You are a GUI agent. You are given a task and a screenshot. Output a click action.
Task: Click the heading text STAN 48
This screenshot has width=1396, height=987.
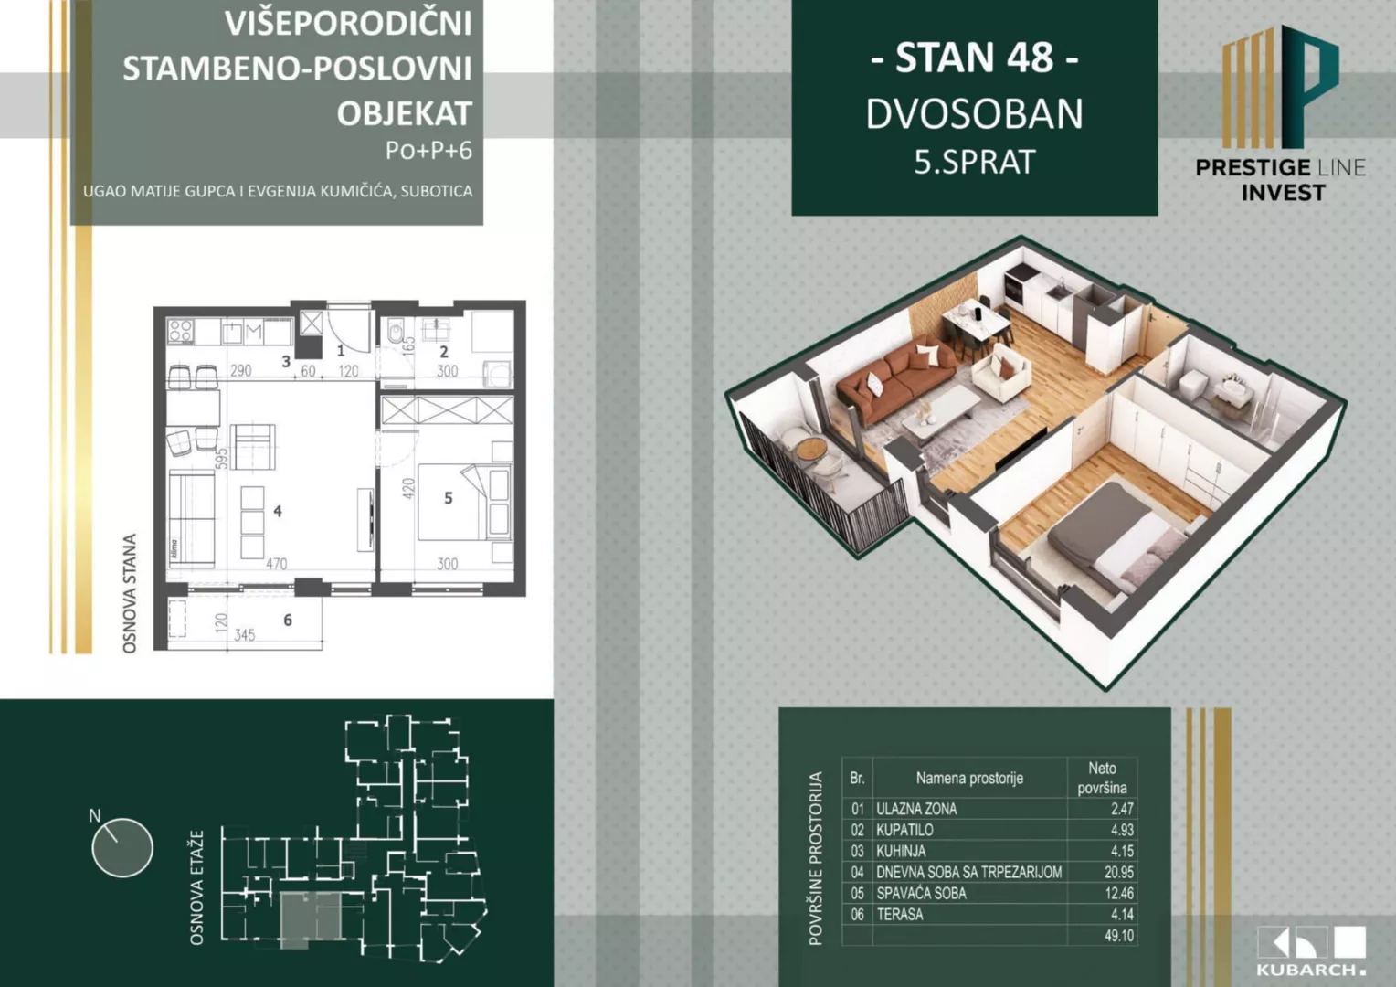pyautogui.click(x=974, y=58)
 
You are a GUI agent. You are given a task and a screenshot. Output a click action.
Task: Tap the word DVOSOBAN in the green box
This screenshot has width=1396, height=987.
pyautogui.click(x=974, y=114)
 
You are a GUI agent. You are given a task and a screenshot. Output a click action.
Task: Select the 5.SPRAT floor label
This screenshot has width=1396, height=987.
pyautogui.click(x=974, y=163)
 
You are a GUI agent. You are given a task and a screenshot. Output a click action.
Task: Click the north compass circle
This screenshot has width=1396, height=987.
pyautogui.click(x=122, y=847)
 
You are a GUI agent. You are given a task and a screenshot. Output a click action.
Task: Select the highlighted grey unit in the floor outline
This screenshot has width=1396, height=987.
pyautogui.click(x=310, y=918)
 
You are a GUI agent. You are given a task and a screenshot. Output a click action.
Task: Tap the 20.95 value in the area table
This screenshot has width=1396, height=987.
pyautogui.click(x=1118, y=872)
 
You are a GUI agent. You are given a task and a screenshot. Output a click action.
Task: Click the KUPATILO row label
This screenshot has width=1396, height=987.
pyautogui.click(x=904, y=830)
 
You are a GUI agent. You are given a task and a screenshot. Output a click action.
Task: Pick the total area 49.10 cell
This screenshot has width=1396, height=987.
pyautogui.click(x=1118, y=936)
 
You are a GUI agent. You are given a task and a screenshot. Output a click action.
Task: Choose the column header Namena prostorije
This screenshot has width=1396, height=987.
pyautogui.click(x=968, y=779)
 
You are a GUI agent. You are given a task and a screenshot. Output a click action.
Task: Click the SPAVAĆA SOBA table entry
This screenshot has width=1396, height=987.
pyautogui.click(x=921, y=893)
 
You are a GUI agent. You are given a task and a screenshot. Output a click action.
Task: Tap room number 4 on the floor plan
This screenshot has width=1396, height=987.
pyautogui.click(x=278, y=512)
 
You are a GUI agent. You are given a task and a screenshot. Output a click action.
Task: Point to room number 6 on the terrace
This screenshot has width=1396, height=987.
pyautogui.click(x=288, y=620)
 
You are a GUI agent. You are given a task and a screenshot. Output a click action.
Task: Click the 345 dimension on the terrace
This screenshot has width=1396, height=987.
pyautogui.click(x=244, y=634)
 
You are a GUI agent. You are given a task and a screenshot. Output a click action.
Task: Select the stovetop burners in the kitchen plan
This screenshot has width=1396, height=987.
pyautogui.click(x=180, y=330)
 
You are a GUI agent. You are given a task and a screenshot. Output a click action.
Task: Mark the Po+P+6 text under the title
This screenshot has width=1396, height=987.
pyautogui.click(x=428, y=151)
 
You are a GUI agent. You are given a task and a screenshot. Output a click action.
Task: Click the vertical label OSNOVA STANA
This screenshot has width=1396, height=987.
pyautogui.click(x=130, y=594)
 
